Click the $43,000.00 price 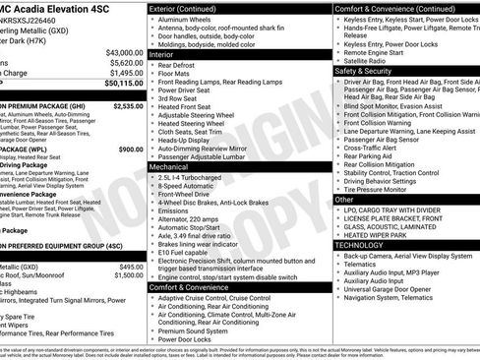pos(122,52)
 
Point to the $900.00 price pos(131,149)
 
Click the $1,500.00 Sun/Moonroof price pos(127,276)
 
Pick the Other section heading pos(345,199)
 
